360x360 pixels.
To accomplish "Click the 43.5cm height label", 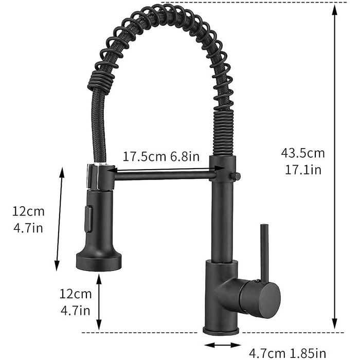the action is click(303, 153).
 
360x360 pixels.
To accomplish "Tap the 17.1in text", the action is click(303, 170).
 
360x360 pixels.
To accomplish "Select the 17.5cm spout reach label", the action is click(144, 156).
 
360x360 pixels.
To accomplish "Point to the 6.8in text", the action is click(185, 156).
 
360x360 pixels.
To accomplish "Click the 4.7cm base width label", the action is click(267, 354).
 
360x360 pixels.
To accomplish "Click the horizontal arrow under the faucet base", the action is click(222, 345).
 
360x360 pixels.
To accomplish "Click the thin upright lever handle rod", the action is click(264, 253).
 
